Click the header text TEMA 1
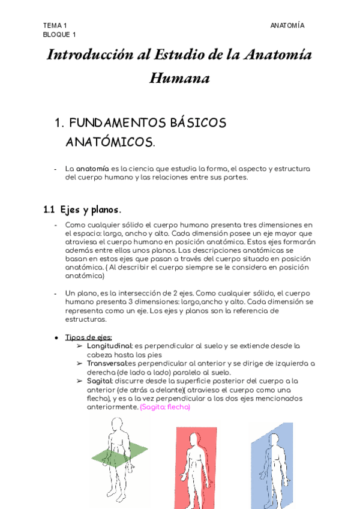tap(55, 25)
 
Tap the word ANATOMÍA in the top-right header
tap(287, 25)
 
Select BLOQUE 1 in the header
tap(59, 34)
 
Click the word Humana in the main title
tap(179, 79)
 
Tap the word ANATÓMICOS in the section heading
tap(109, 142)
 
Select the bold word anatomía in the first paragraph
tap(92, 169)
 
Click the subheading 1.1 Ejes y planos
tap(82, 209)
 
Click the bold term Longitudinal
tap(109, 346)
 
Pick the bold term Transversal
tap(107, 363)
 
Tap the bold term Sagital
tap(99, 381)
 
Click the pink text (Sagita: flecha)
tap(165, 407)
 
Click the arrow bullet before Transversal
tap(80, 364)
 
